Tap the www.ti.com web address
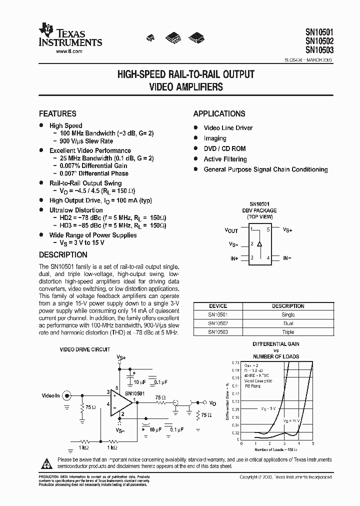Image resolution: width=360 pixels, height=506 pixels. tap(69, 51)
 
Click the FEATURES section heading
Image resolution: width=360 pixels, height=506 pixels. tap(57, 113)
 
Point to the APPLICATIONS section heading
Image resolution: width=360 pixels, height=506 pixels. tap(219, 113)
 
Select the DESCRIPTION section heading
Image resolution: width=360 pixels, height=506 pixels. tap(63, 255)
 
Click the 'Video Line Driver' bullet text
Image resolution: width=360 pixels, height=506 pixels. tap(228, 128)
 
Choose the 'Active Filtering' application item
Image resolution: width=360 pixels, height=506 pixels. tap(225, 159)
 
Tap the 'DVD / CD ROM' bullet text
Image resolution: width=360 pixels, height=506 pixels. tap(224, 148)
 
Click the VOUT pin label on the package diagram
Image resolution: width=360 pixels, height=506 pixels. tap(231, 230)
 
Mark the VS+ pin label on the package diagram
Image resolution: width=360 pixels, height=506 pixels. tap(287, 230)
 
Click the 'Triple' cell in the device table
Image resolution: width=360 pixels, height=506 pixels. tap(288, 332)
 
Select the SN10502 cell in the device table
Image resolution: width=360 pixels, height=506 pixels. tap(217, 323)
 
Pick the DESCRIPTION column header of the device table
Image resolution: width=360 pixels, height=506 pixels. tap(288, 306)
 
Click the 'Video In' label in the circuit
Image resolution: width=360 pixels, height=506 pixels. tap(50, 395)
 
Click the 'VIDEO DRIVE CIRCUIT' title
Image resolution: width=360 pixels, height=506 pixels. tap(85, 349)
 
